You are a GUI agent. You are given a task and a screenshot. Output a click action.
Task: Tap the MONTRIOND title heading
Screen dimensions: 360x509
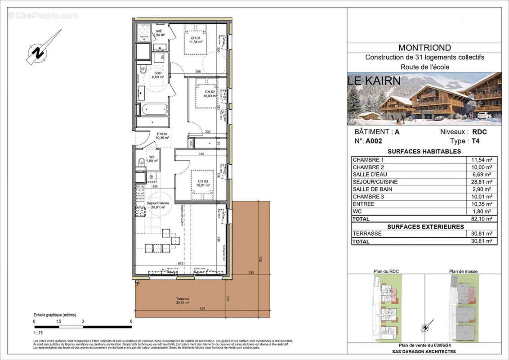click(x=424, y=48)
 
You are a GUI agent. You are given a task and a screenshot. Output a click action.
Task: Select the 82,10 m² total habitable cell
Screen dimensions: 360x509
click(x=481, y=219)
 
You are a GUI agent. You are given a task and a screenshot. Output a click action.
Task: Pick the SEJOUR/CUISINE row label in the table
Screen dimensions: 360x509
click(x=375, y=182)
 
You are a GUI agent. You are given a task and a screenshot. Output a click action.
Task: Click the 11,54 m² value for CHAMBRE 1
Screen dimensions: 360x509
click(x=481, y=160)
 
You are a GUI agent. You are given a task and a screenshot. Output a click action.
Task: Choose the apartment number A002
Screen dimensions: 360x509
click(x=374, y=140)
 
